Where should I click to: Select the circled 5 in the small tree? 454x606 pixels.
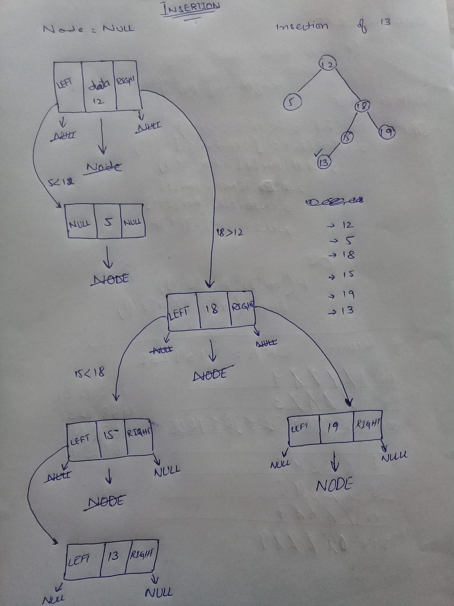292,102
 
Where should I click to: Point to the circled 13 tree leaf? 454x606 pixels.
323,162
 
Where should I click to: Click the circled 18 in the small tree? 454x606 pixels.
362,106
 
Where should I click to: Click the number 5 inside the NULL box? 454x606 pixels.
109,222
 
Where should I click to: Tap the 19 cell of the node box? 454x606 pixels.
333,427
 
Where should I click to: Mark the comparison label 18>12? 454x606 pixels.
229,232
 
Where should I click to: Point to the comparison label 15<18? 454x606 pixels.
90,373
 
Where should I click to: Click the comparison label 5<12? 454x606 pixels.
61,182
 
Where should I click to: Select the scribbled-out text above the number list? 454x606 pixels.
334,201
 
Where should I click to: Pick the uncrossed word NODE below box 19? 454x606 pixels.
334,486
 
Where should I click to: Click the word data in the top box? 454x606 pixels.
99,84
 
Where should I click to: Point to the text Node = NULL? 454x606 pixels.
88,29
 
